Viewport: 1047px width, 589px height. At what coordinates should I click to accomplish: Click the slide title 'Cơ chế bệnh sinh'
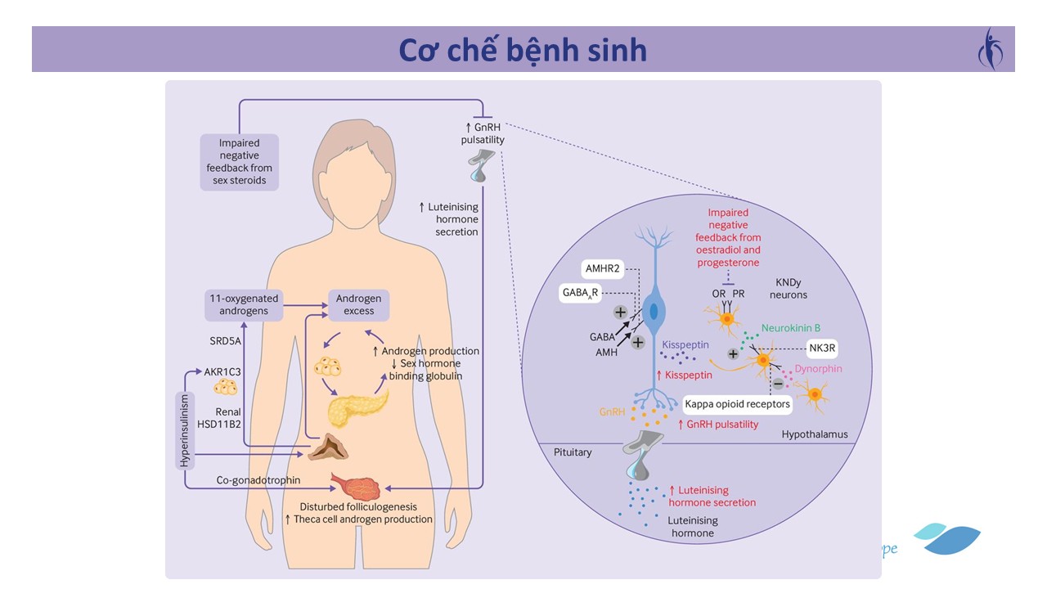click(x=523, y=50)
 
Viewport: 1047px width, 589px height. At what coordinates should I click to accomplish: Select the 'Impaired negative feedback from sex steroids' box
click(x=239, y=162)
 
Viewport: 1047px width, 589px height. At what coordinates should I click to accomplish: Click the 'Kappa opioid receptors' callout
click(x=737, y=404)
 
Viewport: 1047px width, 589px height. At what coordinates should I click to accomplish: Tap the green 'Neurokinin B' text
click(x=790, y=327)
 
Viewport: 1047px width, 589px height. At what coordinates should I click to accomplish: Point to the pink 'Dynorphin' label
click(x=818, y=369)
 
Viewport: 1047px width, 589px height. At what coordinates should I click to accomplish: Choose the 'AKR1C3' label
click(x=223, y=371)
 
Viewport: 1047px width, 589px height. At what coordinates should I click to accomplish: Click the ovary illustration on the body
click(x=355, y=486)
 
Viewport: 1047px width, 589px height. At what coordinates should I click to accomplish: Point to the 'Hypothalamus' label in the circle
click(x=814, y=434)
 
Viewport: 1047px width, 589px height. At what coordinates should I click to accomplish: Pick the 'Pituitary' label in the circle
click(x=572, y=452)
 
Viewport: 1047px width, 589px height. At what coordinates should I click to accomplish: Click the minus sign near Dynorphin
click(x=778, y=384)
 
